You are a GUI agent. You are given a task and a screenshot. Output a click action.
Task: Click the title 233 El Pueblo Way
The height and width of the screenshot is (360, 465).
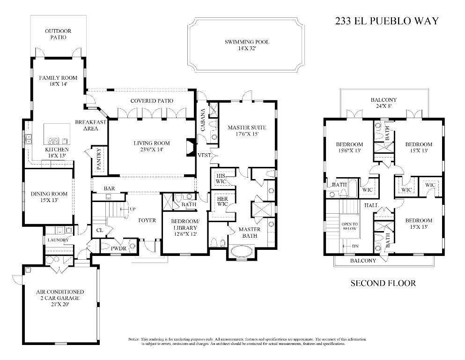(x=387, y=21)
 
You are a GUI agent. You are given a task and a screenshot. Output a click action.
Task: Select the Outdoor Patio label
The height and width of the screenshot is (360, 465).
(x=58, y=34)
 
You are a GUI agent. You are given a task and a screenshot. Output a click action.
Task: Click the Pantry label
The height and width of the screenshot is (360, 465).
(x=99, y=159)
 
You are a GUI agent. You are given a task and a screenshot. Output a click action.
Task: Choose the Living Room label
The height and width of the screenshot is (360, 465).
(x=151, y=143)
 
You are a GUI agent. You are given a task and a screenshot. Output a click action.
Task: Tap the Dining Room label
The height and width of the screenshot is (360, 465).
(x=49, y=194)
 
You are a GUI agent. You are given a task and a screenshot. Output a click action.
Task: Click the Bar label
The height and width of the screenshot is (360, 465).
(x=109, y=188)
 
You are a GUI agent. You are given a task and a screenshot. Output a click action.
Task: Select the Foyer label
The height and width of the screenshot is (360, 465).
(x=147, y=220)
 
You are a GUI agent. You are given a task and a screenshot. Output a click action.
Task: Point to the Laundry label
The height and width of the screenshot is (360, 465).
(x=58, y=240)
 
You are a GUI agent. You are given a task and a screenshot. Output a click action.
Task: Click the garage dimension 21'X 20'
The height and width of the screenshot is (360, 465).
(x=60, y=304)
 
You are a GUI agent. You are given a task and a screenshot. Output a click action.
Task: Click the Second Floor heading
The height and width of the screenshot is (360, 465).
(x=383, y=283)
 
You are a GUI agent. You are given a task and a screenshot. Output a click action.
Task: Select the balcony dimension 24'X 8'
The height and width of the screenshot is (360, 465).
(x=384, y=106)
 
